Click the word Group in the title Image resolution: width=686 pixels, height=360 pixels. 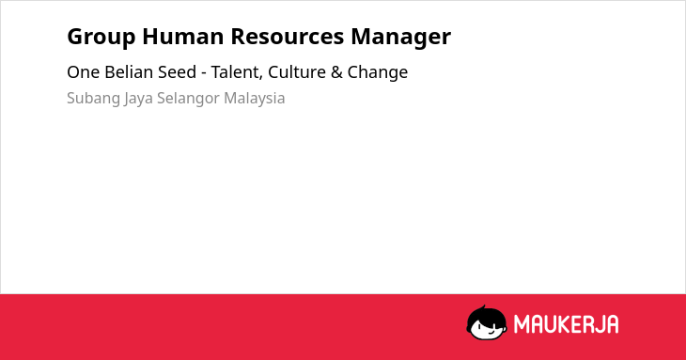click(x=101, y=37)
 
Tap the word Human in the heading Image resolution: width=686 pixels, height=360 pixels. click(x=183, y=36)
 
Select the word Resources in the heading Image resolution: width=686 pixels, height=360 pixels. click(x=288, y=36)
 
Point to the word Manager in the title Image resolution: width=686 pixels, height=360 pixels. click(x=400, y=38)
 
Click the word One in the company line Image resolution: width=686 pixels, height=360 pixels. click(x=83, y=72)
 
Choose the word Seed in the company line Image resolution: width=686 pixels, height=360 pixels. click(x=177, y=71)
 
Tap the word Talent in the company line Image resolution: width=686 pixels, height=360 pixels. click(x=237, y=72)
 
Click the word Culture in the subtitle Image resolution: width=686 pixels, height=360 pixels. click(x=297, y=71)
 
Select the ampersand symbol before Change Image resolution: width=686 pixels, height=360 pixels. click(x=336, y=72)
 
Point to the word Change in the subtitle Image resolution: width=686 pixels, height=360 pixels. click(x=378, y=73)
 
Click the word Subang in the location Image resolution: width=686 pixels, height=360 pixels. click(x=94, y=99)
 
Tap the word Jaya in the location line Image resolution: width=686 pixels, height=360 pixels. click(x=138, y=99)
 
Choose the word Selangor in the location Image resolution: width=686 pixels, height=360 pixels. click(x=188, y=99)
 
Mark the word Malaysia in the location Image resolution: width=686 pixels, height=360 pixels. click(x=254, y=99)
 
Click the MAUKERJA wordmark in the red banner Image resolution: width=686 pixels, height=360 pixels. click(x=566, y=324)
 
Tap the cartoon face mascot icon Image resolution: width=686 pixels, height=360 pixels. click(x=487, y=322)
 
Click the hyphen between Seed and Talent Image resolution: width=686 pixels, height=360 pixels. click(x=203, y=73)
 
